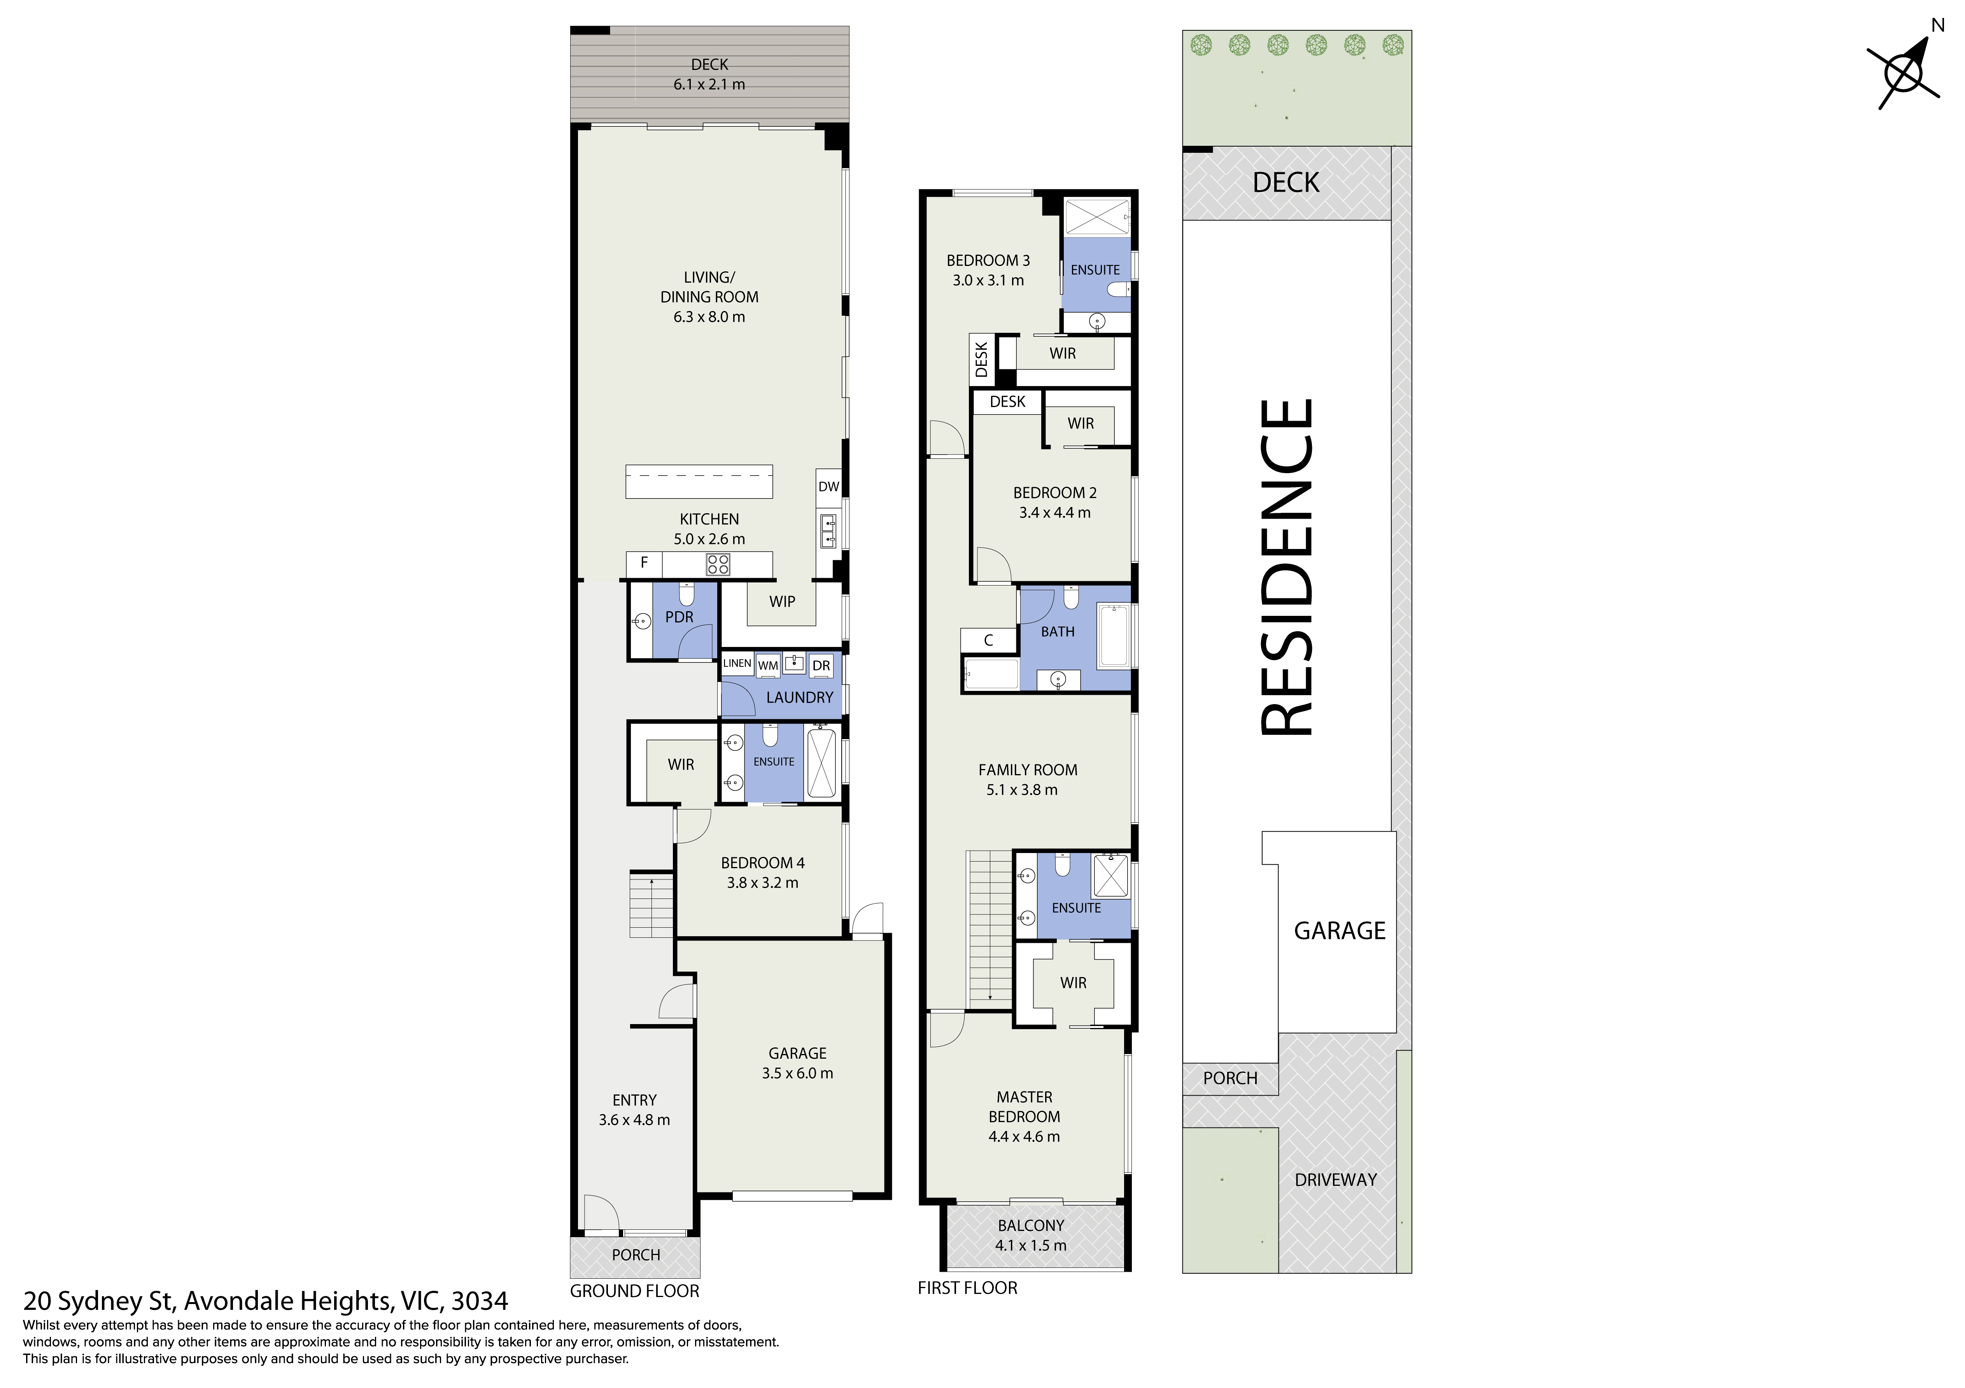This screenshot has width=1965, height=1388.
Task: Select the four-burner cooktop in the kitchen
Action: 717,564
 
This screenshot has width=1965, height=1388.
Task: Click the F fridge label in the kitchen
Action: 644,563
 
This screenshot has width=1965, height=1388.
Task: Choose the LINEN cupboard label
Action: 737,663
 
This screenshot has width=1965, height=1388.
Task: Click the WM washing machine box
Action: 768,665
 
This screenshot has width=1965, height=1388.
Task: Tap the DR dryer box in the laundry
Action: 821,665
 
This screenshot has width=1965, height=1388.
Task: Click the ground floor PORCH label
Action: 636,1255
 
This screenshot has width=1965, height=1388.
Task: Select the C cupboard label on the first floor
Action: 988,640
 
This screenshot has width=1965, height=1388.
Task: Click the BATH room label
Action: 1058,631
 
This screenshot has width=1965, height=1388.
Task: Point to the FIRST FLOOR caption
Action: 967,1288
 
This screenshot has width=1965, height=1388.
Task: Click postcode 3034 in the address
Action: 480,1302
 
